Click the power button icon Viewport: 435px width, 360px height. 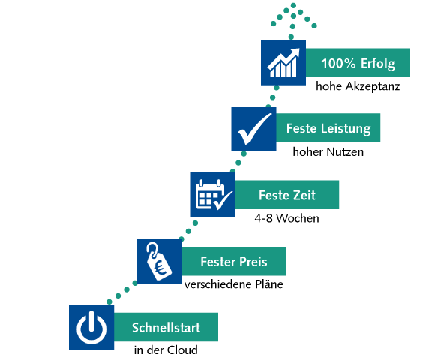[x=91, y=327]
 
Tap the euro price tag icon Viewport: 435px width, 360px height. [x=159, y=261]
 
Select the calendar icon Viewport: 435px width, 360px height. [x=214, y=195]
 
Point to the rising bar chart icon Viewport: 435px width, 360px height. [x=283, y=63]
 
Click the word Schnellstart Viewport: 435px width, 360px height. [x=166, y=327]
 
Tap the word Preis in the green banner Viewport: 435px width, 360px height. [x=253, y=262]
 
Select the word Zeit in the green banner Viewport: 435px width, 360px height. [x=304, y=195]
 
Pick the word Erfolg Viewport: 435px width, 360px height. [x=377, y=64]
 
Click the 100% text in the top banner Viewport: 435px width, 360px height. [x=338, y=63]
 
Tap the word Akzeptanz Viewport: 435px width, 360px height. [x=373, y=86]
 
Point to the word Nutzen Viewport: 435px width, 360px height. [x=345, y=152]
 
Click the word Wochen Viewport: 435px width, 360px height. [x=298, y=218]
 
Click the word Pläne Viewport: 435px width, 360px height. [x=269, y=284]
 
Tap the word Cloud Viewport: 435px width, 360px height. [x=182, y=349]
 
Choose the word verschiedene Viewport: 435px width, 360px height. [x=218, y=284]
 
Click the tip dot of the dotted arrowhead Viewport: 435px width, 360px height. [x=293, y=5]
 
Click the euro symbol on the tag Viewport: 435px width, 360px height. [x=161, y=268]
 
